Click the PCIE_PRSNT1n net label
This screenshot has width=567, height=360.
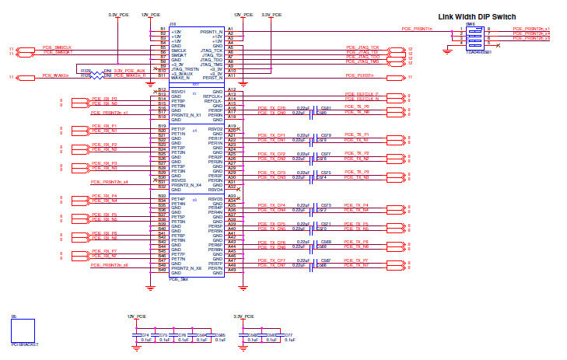416,28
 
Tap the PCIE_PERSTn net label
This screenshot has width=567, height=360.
359,76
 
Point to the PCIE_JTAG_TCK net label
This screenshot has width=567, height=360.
362,47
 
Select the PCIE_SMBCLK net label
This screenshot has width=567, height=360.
57,47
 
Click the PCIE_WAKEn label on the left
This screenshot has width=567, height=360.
55,76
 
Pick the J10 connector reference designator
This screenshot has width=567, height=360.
173,24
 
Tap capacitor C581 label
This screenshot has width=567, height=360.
326,108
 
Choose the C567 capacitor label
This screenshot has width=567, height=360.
326,260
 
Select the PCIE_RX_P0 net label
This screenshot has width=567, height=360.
103,100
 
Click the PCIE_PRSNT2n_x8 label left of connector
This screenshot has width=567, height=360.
109,265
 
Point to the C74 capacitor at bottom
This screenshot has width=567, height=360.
145,334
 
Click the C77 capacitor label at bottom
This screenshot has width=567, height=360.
289,334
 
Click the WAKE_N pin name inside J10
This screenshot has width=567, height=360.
180,79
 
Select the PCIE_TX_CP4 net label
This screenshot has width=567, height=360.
271,205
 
